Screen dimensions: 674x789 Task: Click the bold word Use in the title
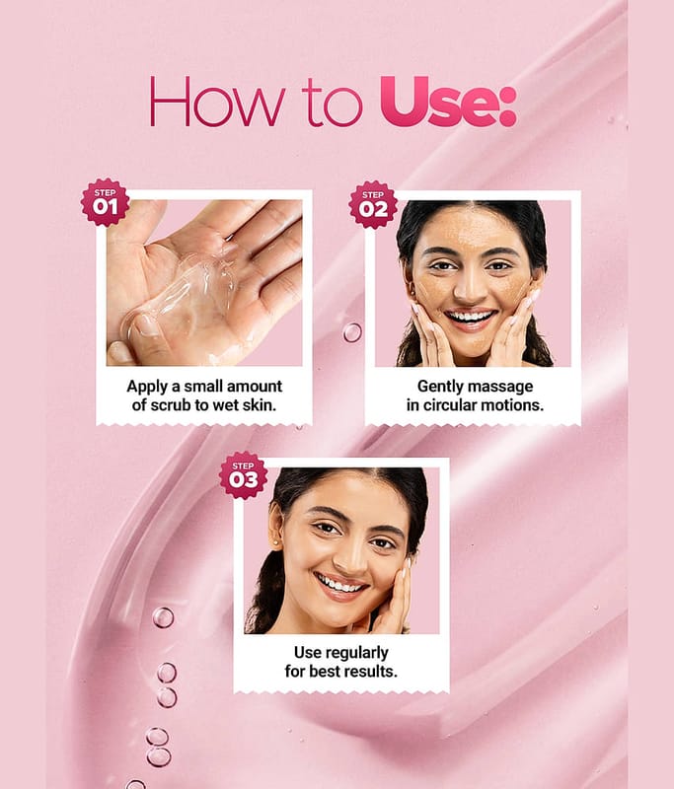(441, 102)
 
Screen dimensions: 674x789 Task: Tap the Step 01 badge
(106, 202)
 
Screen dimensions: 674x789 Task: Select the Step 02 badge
(373, 205)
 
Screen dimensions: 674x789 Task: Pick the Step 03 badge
(243, 475)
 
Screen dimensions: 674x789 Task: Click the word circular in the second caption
(453, 405)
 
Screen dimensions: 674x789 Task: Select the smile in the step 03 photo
(339, 586)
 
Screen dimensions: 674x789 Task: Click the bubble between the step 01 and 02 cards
(352, 332)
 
